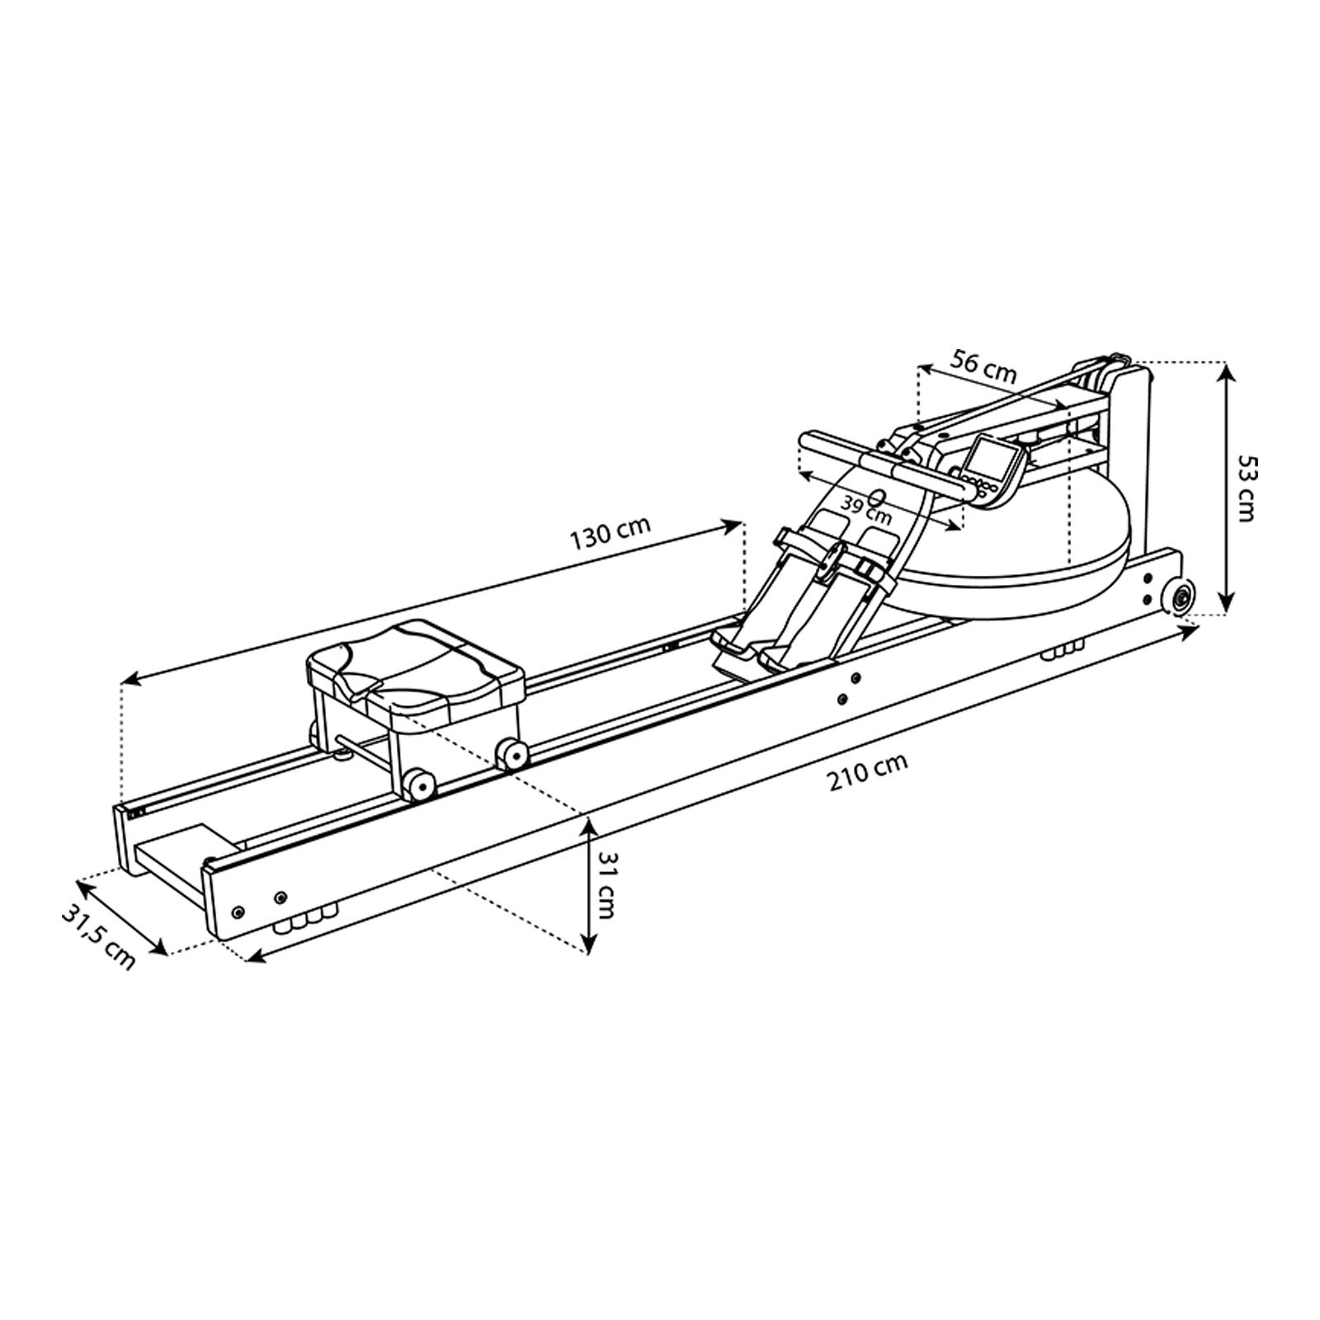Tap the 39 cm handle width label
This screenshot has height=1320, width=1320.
tap(865, 510)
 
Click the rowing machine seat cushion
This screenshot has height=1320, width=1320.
tap(416, 662)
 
